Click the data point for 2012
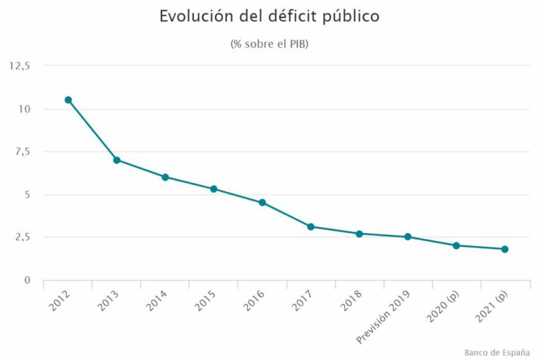[x=68, y=100]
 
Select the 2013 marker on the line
[x=117, y=160]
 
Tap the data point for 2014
[x=165, y=177]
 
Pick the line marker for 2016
[x=262, y=203]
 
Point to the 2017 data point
[x=311, y=227]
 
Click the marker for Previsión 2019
[x=408, y=237]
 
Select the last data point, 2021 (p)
[x=504, y=249]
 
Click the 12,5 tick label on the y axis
[x=20, y=65]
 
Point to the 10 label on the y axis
[x=25, y=109]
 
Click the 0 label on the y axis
[x=27, y=280]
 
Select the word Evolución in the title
[x=194, y=16]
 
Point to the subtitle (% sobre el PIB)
[x=269, y=44]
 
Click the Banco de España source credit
[x=497, y=353]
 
